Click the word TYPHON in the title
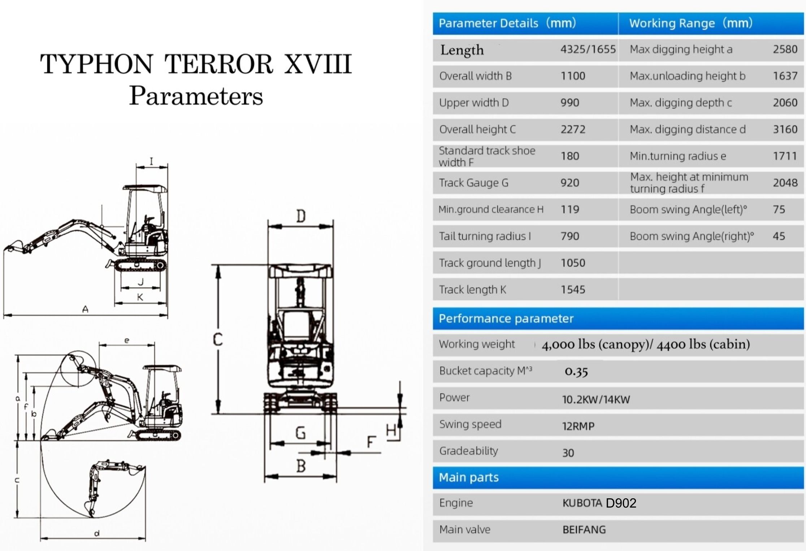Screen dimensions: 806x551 (96, 64)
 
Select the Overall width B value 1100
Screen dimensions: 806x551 (573, 76)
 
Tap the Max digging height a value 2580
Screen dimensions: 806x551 (785, 49)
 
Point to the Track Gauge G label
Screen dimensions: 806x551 (473, 183)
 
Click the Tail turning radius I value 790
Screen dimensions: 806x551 (570, 236)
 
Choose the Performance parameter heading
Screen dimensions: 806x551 (506, 318)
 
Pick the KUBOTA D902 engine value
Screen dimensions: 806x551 (599, 503)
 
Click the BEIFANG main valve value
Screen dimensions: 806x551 (584, 530)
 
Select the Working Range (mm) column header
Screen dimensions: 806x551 (691, 23)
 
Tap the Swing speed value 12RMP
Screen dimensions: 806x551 (578, 426)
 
